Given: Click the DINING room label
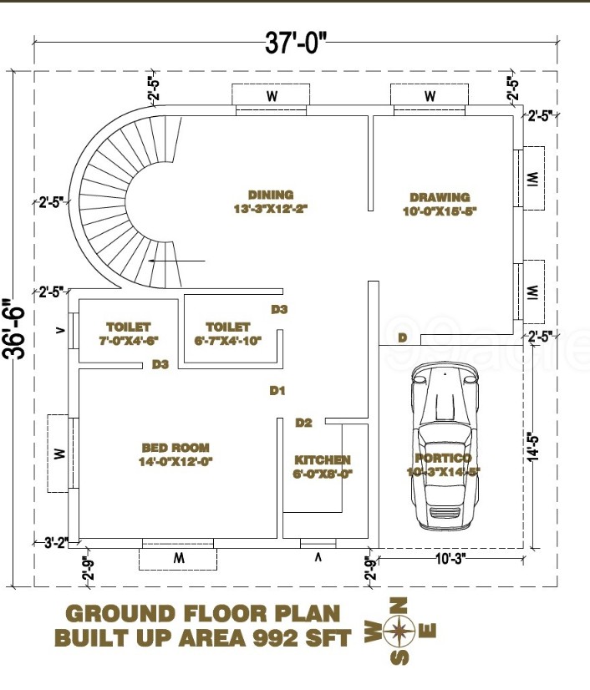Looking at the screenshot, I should [x=271, y=195].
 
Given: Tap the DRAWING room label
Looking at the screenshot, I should [x=440, y=198].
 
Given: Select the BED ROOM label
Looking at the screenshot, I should [x=175, y=448].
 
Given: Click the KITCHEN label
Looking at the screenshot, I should [x=323, y=460].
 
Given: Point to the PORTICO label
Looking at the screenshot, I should [x=443, y=459].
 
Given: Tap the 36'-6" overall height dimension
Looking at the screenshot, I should [x=14, y=329].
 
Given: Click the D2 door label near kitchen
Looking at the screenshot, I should [x=303, y=423].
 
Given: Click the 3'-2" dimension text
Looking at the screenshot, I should [x=55, y=542].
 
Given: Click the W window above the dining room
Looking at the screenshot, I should [x=272, y=97].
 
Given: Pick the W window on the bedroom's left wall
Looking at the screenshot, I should [x=59, y=454].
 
